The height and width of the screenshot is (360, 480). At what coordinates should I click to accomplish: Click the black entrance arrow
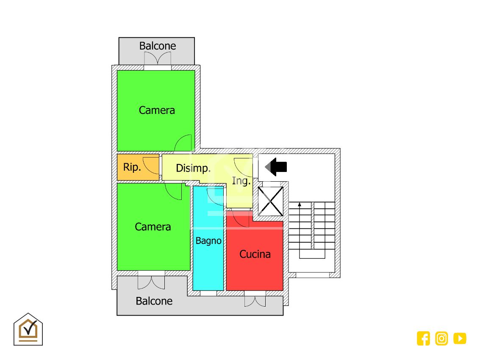pyautogui.click(x=276, y=166)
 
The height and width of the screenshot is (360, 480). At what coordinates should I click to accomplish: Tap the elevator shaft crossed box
pyautogui.click(x=270, y=201)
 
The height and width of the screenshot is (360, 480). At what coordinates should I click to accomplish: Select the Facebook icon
pyautogui.click(x=423, y=338)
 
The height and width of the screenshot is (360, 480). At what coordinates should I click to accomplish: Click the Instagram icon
pyautogui.click(x=441, y=338)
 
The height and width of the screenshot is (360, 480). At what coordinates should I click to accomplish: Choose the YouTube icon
pyautogui.click(x=460, y=338)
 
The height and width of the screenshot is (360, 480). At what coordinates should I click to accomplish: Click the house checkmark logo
pyautogui.click(x=28, y=329)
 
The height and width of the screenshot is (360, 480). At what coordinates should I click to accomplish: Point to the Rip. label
pyautogui.click(x=132, y=167)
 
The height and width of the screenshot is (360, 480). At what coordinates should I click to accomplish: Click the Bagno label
pyautogui.click(x=208, y=241)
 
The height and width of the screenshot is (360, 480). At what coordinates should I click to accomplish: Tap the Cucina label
pyautogui.click(x=255, y=254)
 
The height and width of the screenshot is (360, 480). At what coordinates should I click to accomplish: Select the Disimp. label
pyautogui.click(x=193, y=168)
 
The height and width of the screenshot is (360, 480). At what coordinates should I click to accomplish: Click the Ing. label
pyautogui.click(x=241, y=181)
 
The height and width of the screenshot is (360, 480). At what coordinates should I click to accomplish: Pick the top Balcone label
pyautogui.click(x=158, y=46)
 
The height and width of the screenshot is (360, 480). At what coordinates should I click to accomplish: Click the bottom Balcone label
pyautogui.click(x=154, y=301)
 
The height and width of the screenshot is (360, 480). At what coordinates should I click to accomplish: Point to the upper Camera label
pyautogui.click(x=157, y=110)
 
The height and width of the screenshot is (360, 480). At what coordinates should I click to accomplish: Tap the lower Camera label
pyautogui.click(x=153, y=227)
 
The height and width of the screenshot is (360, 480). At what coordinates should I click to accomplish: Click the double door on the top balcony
pyautogui.click(x=158, y=58)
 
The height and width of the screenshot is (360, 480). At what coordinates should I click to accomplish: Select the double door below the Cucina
pyautogui.click(x=255, y=300)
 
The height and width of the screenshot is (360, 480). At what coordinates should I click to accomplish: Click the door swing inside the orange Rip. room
pyautogui.click(x=150, y=163)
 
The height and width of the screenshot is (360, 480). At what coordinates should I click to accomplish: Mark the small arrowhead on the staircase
pyautogui.click(x=300, y=205)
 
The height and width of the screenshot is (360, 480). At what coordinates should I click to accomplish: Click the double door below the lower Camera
pyautogui.click(x=151, y=282)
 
